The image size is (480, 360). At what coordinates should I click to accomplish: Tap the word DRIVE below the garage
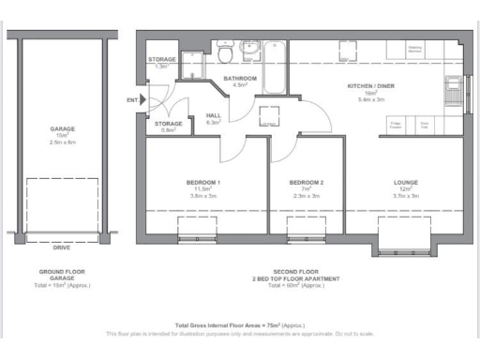click(x=62, y=249)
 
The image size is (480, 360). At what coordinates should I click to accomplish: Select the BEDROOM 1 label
click(x=204, y=182)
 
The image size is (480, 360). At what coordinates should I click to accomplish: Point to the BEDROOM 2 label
click(x=307, y=182)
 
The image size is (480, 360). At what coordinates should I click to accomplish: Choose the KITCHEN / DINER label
click(x=367, y=85)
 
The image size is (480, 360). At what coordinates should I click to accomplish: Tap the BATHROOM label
click(x=240, y=79)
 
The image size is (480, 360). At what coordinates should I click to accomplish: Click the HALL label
click(x=212, y=115)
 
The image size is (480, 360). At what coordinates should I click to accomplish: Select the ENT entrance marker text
click(x=131, y=99)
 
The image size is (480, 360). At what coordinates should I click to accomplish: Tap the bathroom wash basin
click(x=251, y=47)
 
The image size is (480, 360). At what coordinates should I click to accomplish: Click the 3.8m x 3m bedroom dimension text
click(x=204, y=195)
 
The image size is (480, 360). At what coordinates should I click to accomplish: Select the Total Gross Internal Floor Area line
click(x=240, y=323)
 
